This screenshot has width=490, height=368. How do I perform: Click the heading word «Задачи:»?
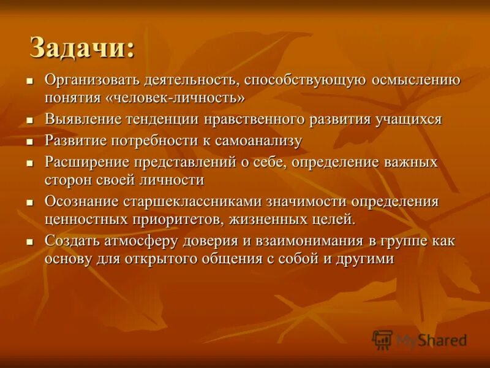click(82, 48)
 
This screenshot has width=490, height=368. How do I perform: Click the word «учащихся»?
click(409, 119)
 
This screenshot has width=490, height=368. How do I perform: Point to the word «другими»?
click(363, 258)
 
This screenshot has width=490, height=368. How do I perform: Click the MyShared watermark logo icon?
click(383, 339)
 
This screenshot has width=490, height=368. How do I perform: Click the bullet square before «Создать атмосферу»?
click(29, 242)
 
